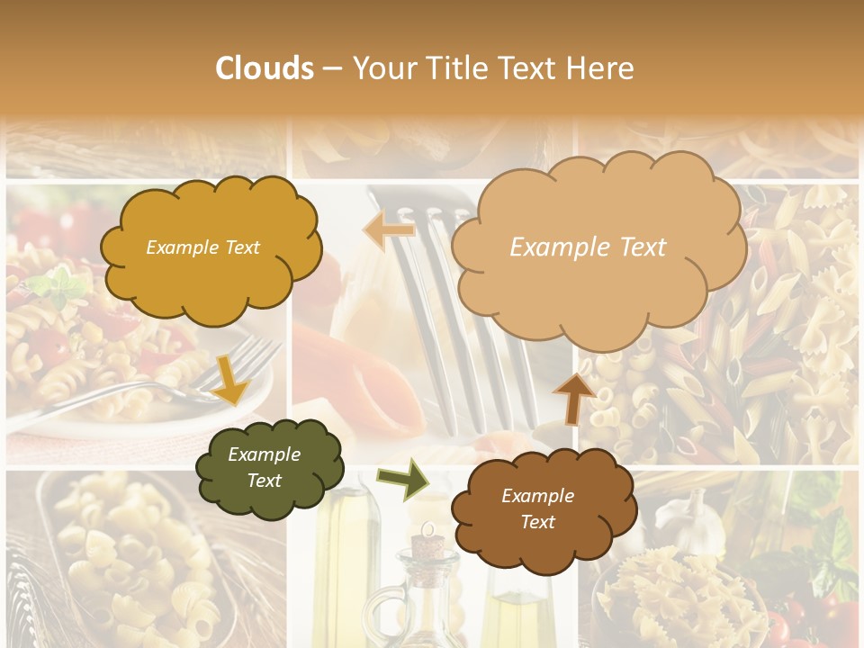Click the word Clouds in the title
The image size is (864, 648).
265,68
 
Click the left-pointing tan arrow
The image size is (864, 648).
390,230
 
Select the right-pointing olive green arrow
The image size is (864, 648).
402,480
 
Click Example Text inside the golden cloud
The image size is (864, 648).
202,247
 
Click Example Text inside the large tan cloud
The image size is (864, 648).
588,247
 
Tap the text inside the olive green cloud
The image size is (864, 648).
264,468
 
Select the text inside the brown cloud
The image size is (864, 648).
537,508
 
